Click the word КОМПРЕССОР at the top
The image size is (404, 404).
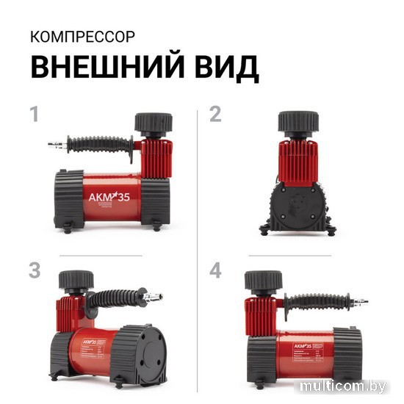coord(73,37)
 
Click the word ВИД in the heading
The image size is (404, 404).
coord(226,67)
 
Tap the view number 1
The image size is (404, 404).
coord(33,115)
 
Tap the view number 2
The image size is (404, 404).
coord(215,115)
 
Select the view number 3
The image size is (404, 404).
coord(34,270)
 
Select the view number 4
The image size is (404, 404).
coord(215,270)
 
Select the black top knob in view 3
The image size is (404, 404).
coord(77,280)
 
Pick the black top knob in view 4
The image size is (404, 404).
coord(262,280)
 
